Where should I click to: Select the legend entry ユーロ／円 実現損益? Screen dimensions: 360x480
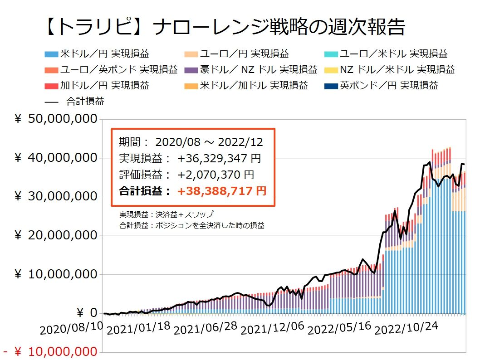241,54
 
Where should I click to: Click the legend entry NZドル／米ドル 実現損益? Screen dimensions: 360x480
390,70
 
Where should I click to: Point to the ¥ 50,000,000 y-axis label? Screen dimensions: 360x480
56,119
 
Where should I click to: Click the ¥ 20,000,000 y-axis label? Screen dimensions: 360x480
56,236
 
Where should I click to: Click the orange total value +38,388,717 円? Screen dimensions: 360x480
222,191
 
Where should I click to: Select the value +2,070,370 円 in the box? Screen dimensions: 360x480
216,175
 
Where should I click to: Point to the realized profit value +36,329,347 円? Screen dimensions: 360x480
219,159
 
